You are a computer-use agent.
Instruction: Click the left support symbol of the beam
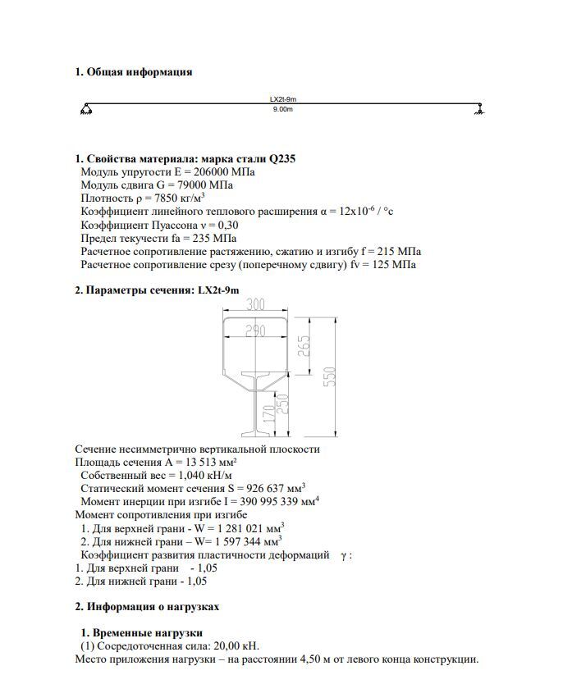coord(86,110)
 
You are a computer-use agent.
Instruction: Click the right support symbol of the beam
coord(479,110)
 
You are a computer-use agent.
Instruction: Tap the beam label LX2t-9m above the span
coord(282,99)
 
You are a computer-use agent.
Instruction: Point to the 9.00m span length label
coord(282,109)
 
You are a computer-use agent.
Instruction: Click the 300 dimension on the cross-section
coord(255,305)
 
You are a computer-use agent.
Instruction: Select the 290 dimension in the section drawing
coord(255,331)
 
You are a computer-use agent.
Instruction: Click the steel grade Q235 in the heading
coord(279,159)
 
